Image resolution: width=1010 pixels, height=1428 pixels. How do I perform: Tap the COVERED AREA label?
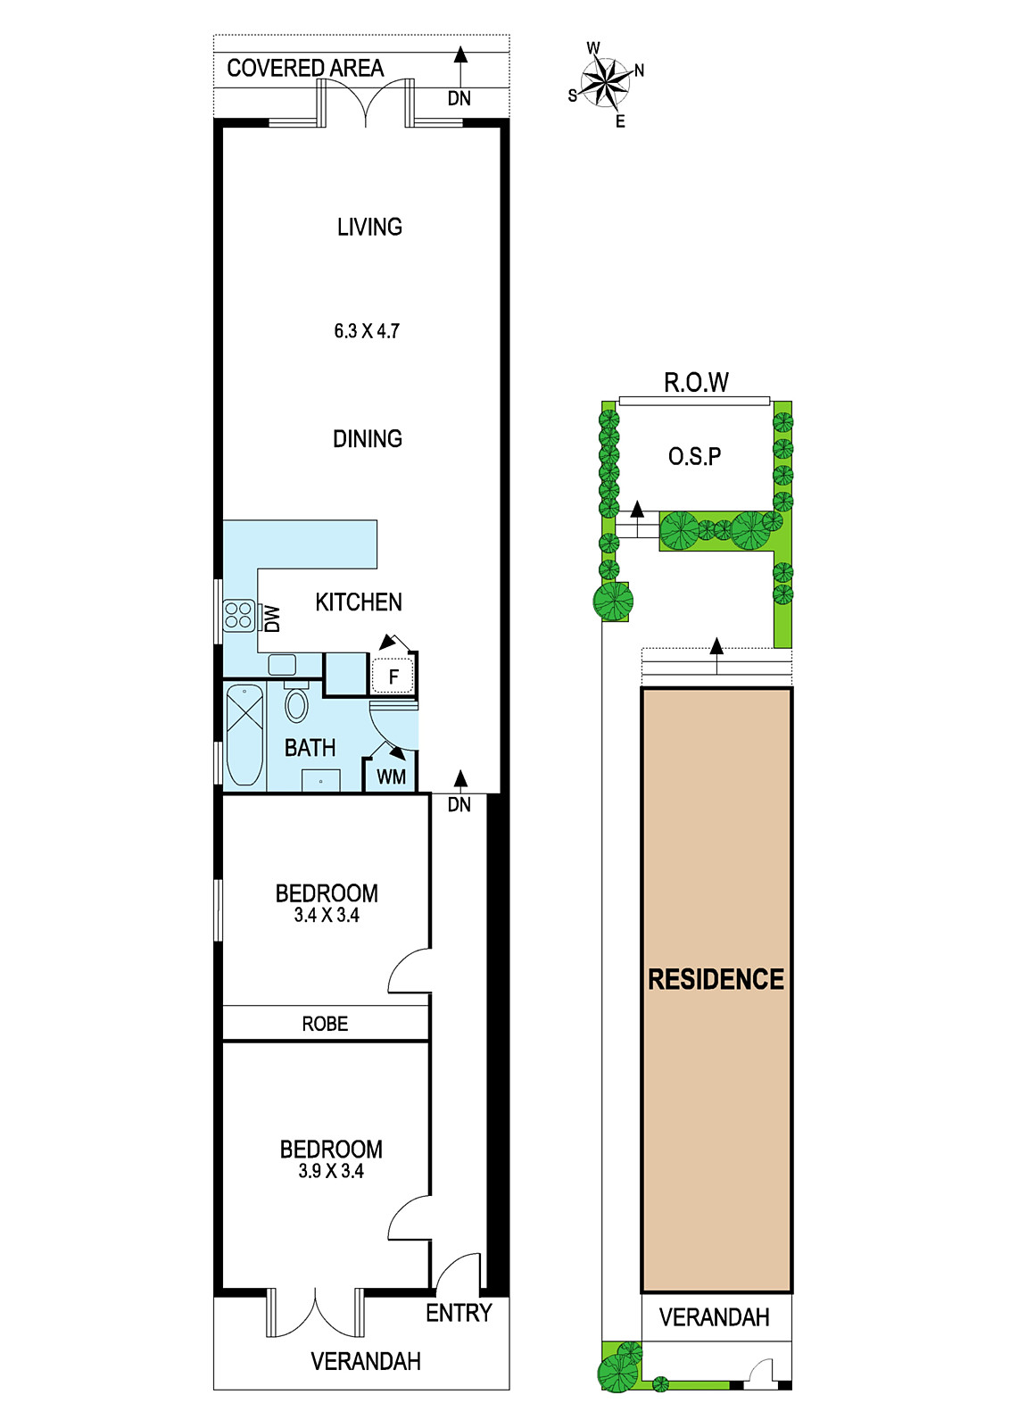(x=305, y=68)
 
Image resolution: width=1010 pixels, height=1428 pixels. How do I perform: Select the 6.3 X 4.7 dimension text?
(x=367, y=331)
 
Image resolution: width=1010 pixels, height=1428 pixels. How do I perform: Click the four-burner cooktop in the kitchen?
(x=238, y=615)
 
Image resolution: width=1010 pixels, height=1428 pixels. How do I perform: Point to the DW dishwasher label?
(x=272, y=619)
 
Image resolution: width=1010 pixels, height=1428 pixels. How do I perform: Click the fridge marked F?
(x=393, y=676)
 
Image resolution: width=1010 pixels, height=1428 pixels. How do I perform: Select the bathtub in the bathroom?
(x=244, y=735)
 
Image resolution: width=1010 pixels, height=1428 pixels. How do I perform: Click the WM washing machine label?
(x=391, y=777)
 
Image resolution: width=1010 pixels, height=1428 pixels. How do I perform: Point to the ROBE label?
(x=325, y=1024)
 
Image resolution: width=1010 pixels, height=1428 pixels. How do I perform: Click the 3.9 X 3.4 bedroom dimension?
(x=331, y=1171)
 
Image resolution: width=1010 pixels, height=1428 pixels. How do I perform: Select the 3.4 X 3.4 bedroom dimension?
(x=327, y=915)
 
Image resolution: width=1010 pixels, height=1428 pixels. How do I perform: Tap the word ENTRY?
(x=459, y=1313)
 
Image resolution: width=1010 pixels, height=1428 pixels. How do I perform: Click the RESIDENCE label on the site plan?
(x=716, y=978)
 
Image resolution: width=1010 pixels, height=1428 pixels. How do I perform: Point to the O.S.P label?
(x=694, y=456)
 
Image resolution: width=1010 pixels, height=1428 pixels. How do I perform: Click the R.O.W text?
(x=696, y=382)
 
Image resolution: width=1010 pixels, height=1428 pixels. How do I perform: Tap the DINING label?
(x=367, y=438)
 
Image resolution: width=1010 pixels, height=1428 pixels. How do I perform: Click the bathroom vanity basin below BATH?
(x=320, y=780)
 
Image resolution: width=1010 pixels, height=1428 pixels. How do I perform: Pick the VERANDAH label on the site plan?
(x=715, y=1317)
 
